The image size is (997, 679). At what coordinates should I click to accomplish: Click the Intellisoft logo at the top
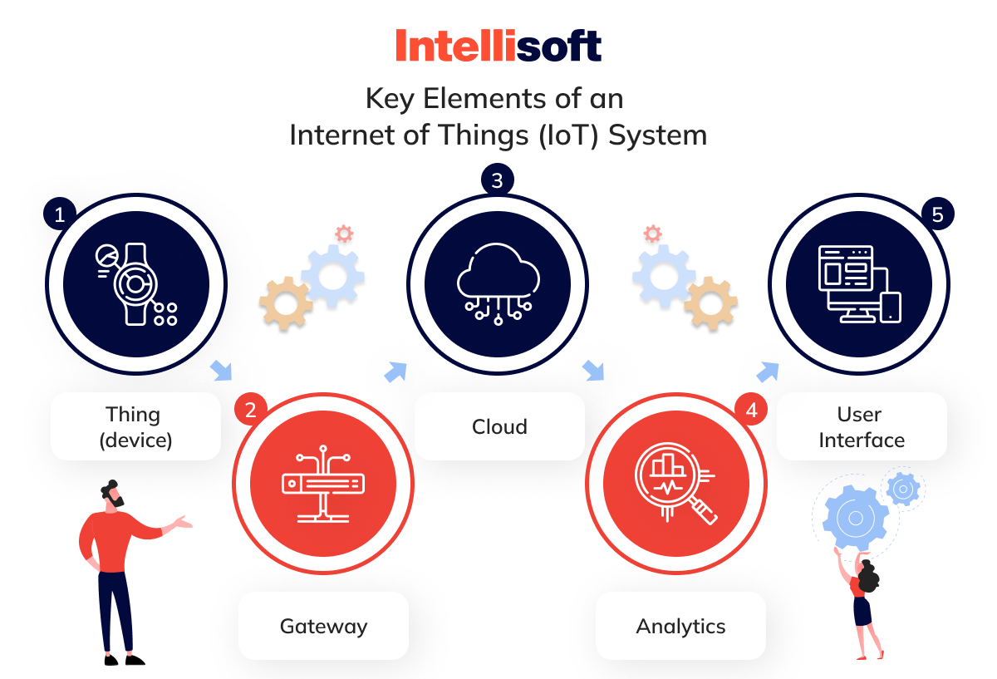[498, 45]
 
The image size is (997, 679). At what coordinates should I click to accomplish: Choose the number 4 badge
[751, 410]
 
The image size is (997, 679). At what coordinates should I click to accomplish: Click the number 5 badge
[937, 215]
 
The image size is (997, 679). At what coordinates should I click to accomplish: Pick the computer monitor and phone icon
[859, 283]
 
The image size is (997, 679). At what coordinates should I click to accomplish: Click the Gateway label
[323, 626]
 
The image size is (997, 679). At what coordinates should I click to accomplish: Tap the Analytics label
[680, 626]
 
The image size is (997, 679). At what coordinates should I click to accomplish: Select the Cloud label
[499, 426]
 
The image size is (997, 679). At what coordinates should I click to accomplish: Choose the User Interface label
[862, 426]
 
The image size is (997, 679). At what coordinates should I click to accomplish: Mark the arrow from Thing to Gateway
[222, 371]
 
